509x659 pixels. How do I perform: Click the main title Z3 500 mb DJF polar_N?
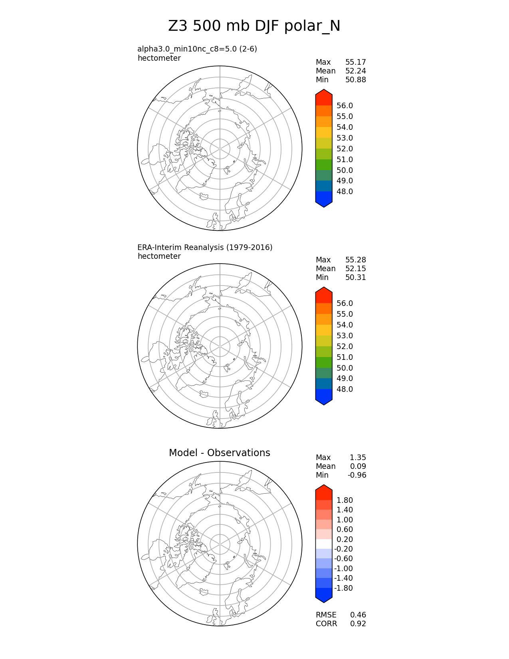254,26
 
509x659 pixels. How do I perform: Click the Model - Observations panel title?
219,453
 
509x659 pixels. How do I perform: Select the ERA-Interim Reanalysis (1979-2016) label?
205,248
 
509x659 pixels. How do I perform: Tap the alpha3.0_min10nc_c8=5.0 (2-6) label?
197,49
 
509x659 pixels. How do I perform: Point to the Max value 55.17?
355,62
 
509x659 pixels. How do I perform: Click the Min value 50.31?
355,278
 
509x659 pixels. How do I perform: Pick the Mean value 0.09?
358,466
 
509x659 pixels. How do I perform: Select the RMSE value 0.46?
358,615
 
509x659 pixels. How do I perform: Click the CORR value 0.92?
358,624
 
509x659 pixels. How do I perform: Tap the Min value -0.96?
356,475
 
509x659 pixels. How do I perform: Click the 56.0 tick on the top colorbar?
345,106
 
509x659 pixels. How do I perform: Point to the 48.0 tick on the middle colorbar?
345,389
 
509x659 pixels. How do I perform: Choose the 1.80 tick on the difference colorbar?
345,500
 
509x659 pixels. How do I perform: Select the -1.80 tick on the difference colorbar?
343,588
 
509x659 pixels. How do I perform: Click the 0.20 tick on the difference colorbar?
345,540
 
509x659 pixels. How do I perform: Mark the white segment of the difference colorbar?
324,544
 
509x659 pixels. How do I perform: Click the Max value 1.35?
358,458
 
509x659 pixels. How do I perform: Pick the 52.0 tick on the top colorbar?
345,149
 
